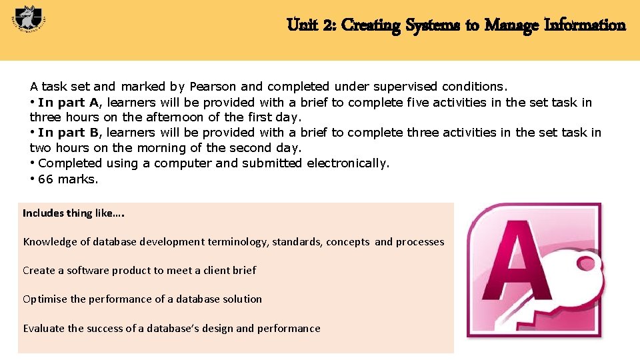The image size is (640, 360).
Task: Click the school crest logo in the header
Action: tap(27, 23)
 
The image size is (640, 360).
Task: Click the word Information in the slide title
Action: tap(585, 25)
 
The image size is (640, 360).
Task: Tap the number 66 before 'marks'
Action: tap(45, 179)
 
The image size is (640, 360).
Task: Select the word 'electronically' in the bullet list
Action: tap(348, 163)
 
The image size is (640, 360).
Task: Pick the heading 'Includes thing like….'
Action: tap(73, 213)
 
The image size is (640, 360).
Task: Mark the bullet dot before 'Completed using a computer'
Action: tap(33, 163)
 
